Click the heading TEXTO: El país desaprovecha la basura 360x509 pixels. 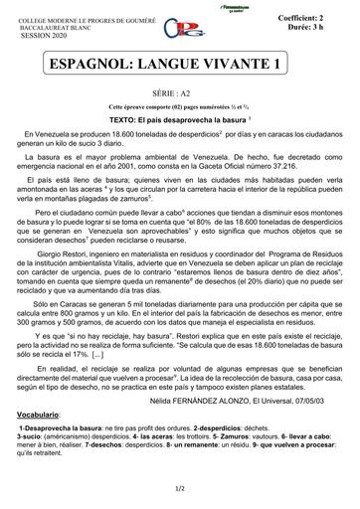point(179,116)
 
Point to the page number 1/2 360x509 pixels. point(180,488)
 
